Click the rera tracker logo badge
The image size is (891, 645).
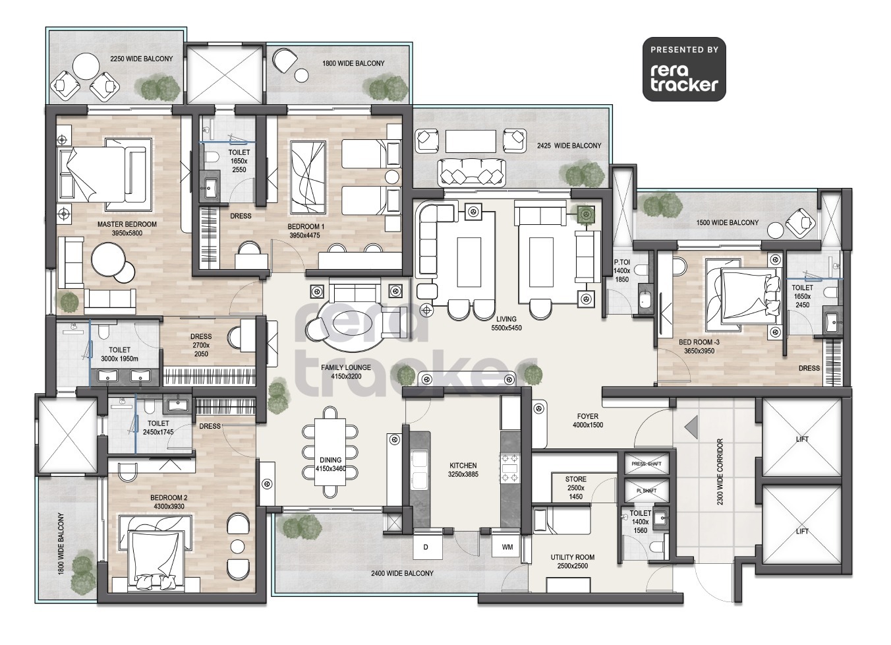click(684, 69)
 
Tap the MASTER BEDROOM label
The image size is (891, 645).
click(127, 229)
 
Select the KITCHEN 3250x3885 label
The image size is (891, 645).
click(463, 470)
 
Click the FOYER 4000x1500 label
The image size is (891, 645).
click(588, 421)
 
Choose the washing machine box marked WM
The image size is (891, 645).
click(507, 547)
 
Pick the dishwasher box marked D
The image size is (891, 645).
click(426, 547)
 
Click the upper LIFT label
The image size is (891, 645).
click(802, 439)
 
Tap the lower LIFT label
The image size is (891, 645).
click(802, 532)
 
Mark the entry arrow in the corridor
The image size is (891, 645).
click(691, 427)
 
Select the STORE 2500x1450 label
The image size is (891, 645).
click(575, 487)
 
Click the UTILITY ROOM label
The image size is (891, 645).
click(572, 561)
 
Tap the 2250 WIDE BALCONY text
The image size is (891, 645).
click(141, 59)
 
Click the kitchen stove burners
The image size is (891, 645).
click(509, 468)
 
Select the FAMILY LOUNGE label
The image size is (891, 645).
click(345, 372)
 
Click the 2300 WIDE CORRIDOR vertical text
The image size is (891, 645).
click(720, 472)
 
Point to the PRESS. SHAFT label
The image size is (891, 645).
click(647, 464)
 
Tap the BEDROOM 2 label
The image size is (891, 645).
click(169, 502)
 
